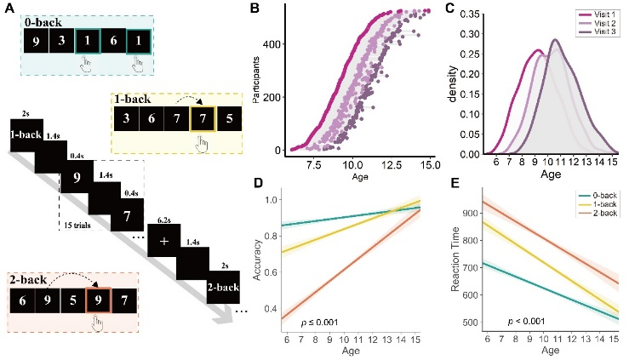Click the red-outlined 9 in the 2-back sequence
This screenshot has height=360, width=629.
click(x=100, y=300)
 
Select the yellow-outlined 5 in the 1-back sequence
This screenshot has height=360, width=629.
click(x=227, y=119)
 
